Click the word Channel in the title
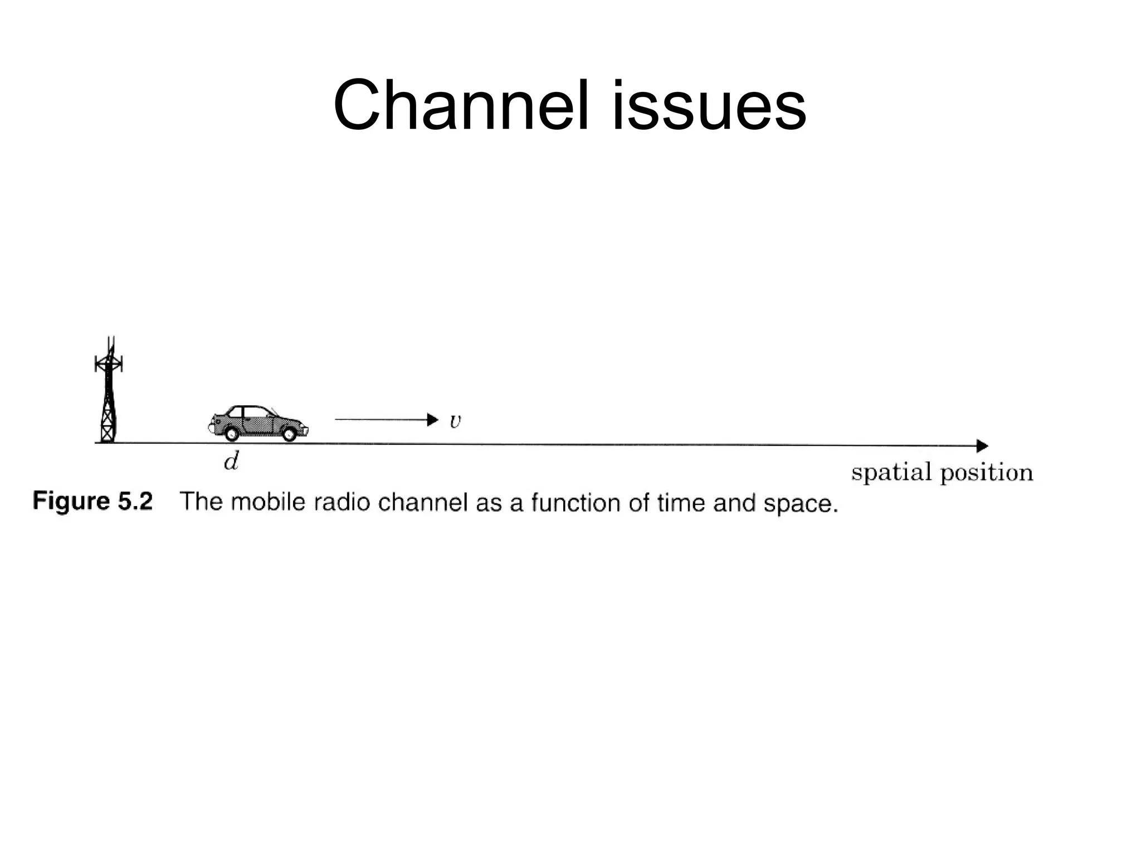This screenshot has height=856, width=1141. pos(460,106)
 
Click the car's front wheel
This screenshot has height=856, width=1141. pos(289,433)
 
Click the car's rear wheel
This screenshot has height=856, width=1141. pos(231,433)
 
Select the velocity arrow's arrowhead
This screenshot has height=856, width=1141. pos(432,420)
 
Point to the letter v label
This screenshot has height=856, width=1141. pos(455,421)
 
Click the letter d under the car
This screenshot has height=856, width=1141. pos(231,461)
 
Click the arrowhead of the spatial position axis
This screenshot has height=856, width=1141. pos(982,446)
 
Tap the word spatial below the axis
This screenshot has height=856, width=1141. pos(891,473)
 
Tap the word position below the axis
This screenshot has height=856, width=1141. pos(987,473)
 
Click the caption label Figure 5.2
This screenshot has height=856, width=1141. pos(92,501)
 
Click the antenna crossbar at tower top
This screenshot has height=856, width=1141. pos(109,364)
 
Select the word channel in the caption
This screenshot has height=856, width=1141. pos(423,502)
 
